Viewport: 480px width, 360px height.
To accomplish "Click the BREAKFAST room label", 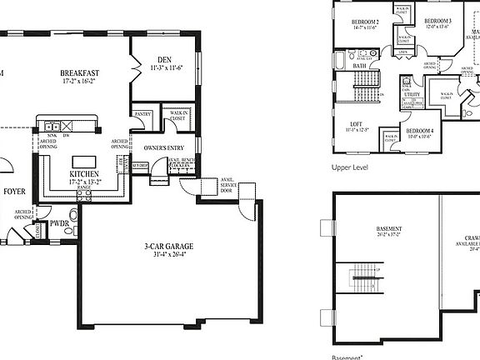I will tap(80, 74).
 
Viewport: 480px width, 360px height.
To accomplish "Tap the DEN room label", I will tap(163, 59).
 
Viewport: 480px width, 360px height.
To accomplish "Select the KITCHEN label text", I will tap(85, 174).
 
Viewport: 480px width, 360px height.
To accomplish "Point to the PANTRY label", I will tap(143, 114).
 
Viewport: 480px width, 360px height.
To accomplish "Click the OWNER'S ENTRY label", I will tap(164, 148).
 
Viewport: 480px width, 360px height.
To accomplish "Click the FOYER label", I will tap(14, 191).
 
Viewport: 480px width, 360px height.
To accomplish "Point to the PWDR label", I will tap(58, 223).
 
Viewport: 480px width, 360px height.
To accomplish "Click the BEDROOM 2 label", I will tap(365, 21).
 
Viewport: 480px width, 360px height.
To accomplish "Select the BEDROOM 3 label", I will tap(437, 21).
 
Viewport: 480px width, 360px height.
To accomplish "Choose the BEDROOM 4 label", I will tap(420, 131).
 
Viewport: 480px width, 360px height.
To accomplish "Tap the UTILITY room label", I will tap(412, 96).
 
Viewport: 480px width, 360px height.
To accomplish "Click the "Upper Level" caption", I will tap(350, 167).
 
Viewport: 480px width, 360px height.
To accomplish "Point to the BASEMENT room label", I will tap(389, 228).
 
